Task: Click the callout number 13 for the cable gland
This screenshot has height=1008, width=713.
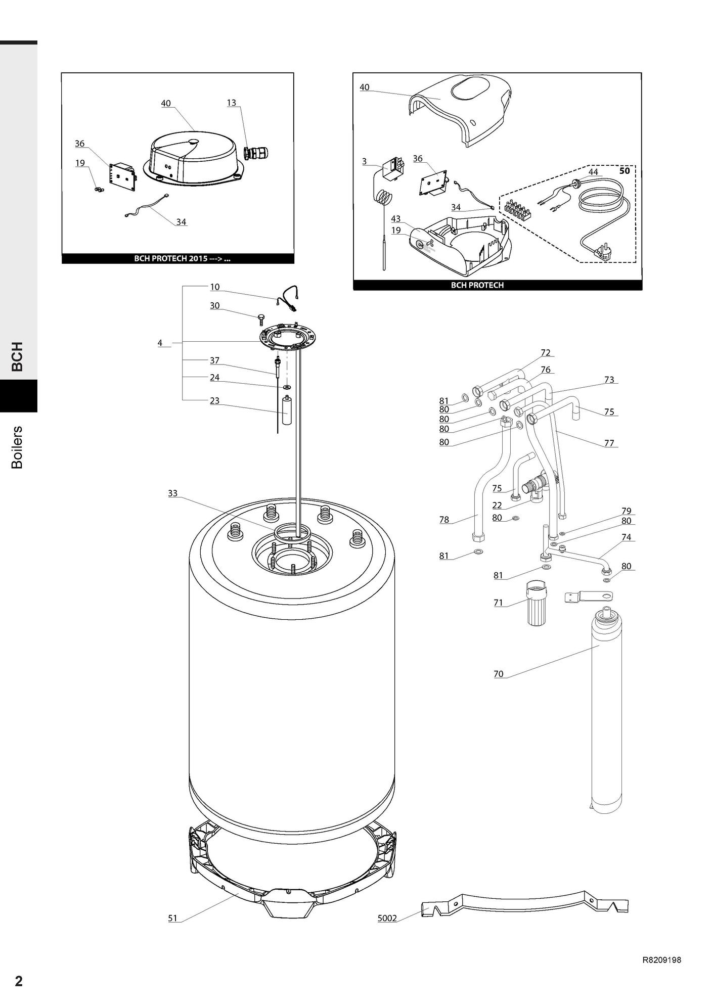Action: pyautogui.click(x=231, y=103)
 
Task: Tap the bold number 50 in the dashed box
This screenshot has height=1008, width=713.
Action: pyautogui.click(x=625, y=171)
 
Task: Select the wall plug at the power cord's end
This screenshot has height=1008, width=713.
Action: pyautogui.click(x=602, y=251)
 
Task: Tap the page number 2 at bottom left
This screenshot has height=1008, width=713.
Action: pyautogui.click(x=19, y=981)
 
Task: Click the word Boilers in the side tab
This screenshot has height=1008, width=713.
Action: pyautogui.click(x=17, y=447)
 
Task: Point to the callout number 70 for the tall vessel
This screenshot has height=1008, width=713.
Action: pyautogui.click(x=499, y=674)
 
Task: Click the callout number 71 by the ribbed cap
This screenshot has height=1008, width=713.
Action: pyautogui.click(x=499, y=603)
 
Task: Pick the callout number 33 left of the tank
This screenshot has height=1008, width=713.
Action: pyautogui.click(x=173, y=493)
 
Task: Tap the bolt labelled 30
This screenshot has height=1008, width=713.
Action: pyautogui.click(x=261, y=319)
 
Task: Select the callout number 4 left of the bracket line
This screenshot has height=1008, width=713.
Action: pyautogui.click(x=160, y=343)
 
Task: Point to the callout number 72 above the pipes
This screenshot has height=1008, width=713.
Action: pyautogui.click(x=545, y=353)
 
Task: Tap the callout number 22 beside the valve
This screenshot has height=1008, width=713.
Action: pyautogui.click(x=497, y=506)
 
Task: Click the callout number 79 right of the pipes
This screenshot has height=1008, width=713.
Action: pyautogui.click(x=627, y=511)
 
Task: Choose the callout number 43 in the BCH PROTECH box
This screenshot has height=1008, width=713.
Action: pyautogui.click(x=396, y=219)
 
